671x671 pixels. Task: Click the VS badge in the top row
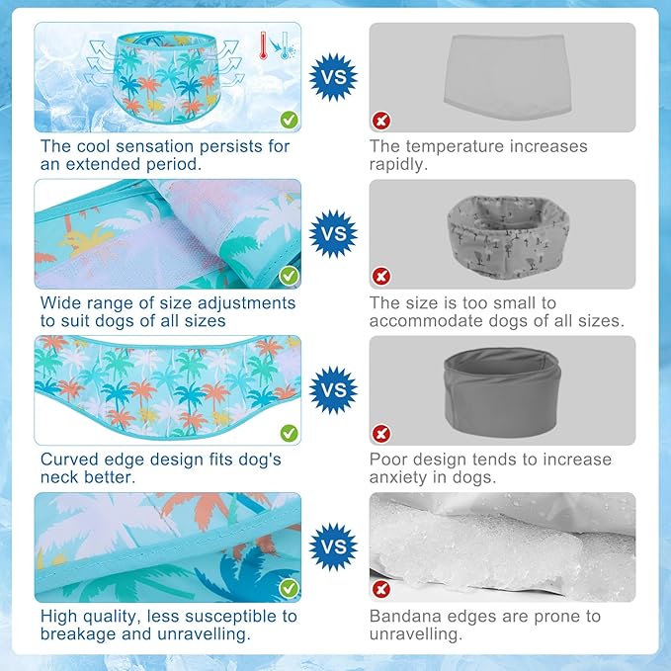(333, 77)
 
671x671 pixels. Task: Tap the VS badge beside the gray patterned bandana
(333, 233)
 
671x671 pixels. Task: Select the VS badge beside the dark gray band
(333, 389)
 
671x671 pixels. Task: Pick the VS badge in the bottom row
(333, 546)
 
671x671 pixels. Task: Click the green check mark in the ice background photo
(290, 120)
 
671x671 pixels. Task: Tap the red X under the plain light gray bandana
(381, 121)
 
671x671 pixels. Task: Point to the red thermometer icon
(263, 45)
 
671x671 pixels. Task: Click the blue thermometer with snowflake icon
(286, 45)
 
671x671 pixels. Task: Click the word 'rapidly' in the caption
(398, 164)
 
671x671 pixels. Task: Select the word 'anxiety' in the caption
(398, 477)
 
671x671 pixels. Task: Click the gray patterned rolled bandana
(508, 237)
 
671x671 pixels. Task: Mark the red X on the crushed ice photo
(381, 589)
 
